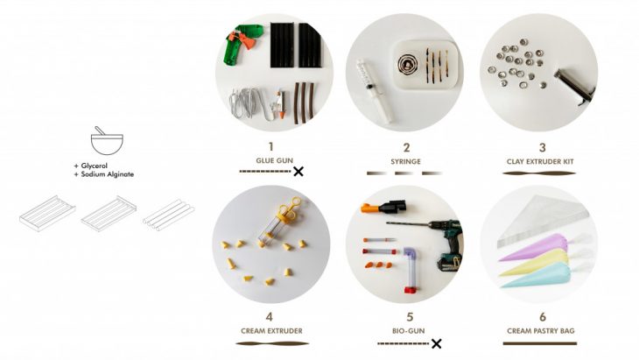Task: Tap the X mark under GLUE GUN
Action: [298, 172]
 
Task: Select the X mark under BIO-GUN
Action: [436, 343]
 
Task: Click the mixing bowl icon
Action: [107, 141]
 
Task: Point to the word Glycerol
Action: [95, 166]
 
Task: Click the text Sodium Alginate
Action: [107, 174]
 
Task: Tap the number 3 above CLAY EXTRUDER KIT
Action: [542, 147]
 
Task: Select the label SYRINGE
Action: [405, 161]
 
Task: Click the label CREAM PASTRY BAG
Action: [540, 330]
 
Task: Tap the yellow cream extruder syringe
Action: [278, 222]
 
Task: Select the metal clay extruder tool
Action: [574, 87]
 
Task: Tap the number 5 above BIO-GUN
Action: [410, 317]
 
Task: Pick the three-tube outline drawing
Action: [168, 215]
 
